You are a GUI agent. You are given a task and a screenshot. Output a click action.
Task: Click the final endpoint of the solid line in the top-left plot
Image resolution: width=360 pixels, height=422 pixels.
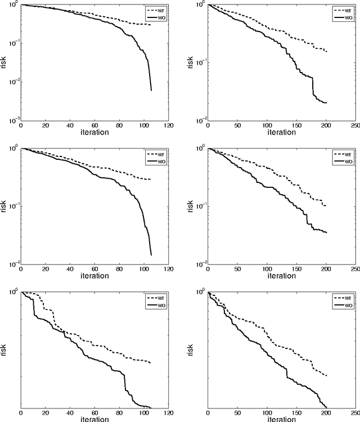[151, 90]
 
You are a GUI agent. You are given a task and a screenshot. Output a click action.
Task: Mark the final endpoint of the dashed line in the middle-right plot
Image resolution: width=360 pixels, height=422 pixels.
[326, 206]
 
